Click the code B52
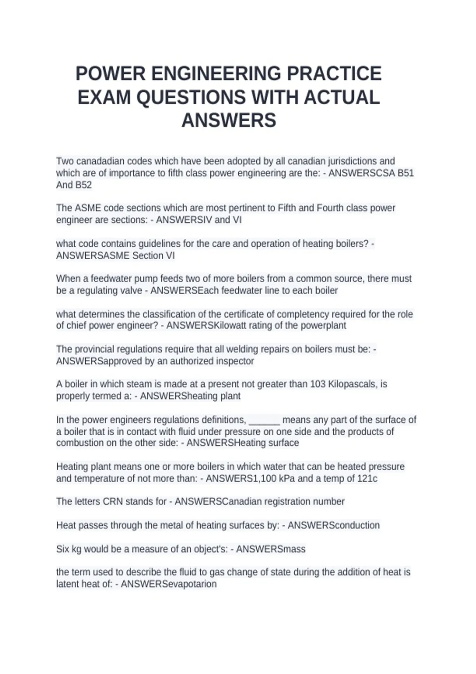(x=83, y=185)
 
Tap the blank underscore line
(x=265, y=420)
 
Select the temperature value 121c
(x=367, y=479)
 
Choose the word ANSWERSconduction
(x=333, y=525)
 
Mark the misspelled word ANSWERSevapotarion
(x=169, y=584)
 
